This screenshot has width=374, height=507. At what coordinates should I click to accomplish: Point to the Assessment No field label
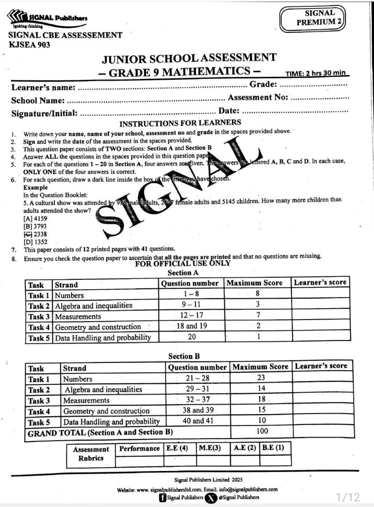tap(258, 98)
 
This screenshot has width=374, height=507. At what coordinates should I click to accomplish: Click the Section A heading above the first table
tap(183, 273)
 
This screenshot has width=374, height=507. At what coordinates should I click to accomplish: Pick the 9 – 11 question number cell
tap(191, 305)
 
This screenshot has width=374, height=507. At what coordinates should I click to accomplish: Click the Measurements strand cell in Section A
tap(78, 316)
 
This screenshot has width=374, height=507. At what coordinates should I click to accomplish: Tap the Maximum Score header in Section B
tap(260, 367)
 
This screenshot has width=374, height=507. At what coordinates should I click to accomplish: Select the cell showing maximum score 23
tap(260, 379)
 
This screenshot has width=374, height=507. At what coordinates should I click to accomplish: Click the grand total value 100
tap(260, 432)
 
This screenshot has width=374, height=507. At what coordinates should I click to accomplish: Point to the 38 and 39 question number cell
tap(197, 411)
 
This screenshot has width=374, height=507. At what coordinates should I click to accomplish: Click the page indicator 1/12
tap(347, 497)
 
